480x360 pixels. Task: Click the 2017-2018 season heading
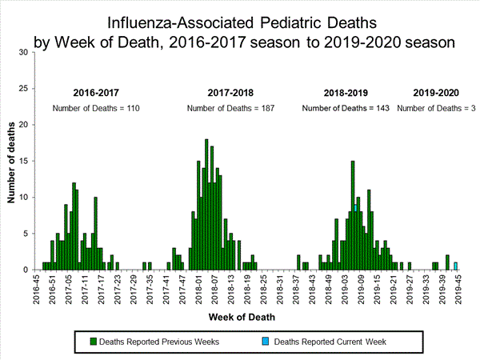pos(230,93)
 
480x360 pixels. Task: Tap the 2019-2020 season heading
pos(435,93)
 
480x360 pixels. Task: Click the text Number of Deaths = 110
pos(97,108)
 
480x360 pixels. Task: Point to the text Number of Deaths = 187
pos(230,108)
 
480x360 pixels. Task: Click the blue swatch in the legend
pos(267,342)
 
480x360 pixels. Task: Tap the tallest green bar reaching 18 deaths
pos(206,205)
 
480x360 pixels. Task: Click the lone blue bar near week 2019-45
pos(455,266)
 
